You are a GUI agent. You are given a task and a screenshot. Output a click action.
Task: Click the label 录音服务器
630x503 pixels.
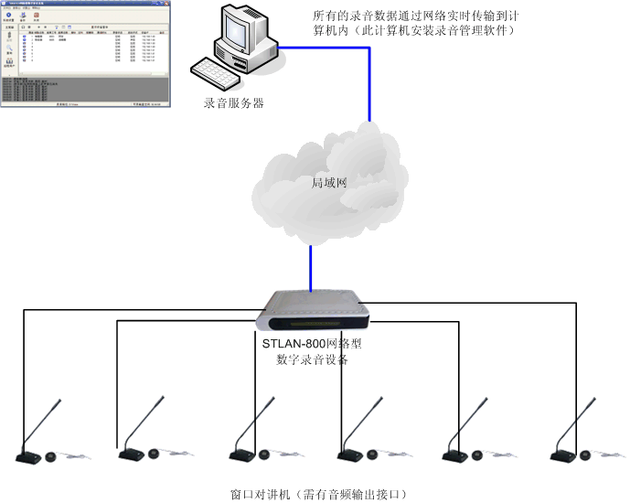[x=234, y=103]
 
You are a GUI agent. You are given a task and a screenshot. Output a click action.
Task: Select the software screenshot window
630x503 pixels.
[x=83, y=56]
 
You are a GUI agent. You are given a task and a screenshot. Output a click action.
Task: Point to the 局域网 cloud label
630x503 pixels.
[x=329, y=184]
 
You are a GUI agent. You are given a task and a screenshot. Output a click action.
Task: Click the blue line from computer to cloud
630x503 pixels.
[x=369, y=82]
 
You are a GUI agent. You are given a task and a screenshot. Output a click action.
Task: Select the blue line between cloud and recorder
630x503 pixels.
[x=311, y=265]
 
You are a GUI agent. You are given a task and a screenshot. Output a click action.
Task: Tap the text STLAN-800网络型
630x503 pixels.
[x=312, y=344]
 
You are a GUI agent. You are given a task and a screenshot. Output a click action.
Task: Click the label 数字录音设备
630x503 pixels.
[x=312, y=359]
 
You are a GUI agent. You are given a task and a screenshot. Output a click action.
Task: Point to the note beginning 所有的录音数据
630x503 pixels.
[x=416, y=16]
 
